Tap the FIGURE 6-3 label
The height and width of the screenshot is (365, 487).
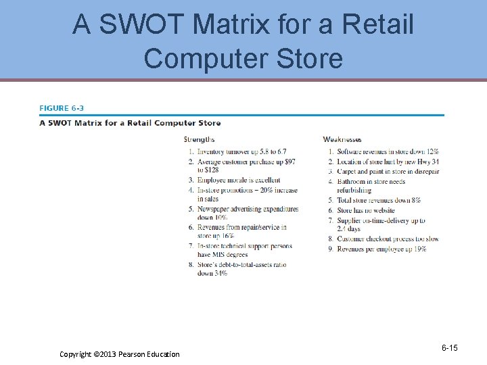pos(62,108)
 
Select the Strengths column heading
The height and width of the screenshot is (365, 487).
pos(200,140)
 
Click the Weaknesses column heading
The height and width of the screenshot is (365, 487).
pos(342,140)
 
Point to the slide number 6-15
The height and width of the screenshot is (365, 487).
pos(449,348)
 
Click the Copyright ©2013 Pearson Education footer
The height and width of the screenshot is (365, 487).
pos(120,354)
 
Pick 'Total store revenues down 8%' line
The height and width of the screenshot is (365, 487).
pos(379,201)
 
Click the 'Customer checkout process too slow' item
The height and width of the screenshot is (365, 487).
pos(388,239)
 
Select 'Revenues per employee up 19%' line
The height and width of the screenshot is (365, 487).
pos(381,249)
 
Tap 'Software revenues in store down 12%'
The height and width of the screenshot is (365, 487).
pos(388,152)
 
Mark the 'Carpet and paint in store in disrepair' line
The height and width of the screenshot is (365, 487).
pos(388,172)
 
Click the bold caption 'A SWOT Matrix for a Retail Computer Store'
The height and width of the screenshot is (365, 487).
pos(131,123)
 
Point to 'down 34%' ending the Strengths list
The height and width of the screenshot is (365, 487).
pos(212,273)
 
